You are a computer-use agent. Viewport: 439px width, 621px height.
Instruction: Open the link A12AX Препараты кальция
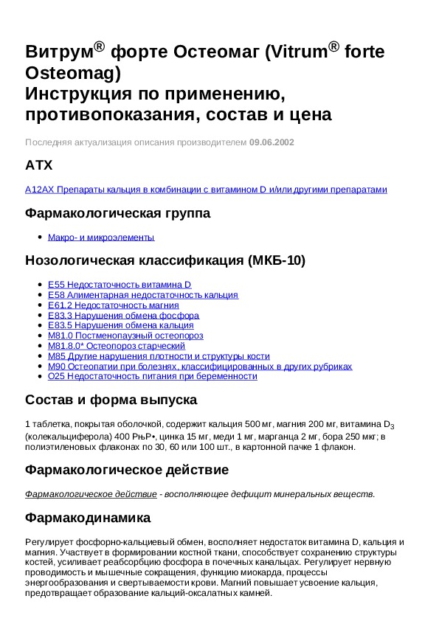click(x=206, y=190)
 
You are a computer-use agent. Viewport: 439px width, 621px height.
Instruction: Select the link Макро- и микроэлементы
click(x=101, y=237)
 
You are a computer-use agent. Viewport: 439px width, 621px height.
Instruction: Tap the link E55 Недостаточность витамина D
click(x=120, y=284)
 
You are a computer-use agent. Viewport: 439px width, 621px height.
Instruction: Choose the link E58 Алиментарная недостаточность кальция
click(x=142, y=295)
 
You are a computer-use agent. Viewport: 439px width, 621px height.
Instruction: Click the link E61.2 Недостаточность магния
click(x=113, y=305)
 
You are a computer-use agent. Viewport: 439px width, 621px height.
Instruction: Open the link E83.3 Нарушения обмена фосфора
click(x=123, y=315)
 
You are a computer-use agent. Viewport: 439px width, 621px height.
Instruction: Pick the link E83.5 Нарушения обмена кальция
click(x=120, y=325)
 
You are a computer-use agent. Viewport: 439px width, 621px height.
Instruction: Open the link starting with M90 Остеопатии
click(x=199, y=366)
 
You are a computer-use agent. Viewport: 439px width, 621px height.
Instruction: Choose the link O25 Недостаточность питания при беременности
click(x=152, y=376)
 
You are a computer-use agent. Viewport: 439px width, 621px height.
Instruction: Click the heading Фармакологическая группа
click(x=118, y=214)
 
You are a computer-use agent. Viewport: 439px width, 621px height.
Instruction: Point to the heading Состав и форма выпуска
click(x=111, y=400)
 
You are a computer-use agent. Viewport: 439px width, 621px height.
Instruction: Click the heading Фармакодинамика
click(x=88, y=518)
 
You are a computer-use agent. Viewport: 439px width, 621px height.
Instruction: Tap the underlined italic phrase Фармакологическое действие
click(x=91, y=493)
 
